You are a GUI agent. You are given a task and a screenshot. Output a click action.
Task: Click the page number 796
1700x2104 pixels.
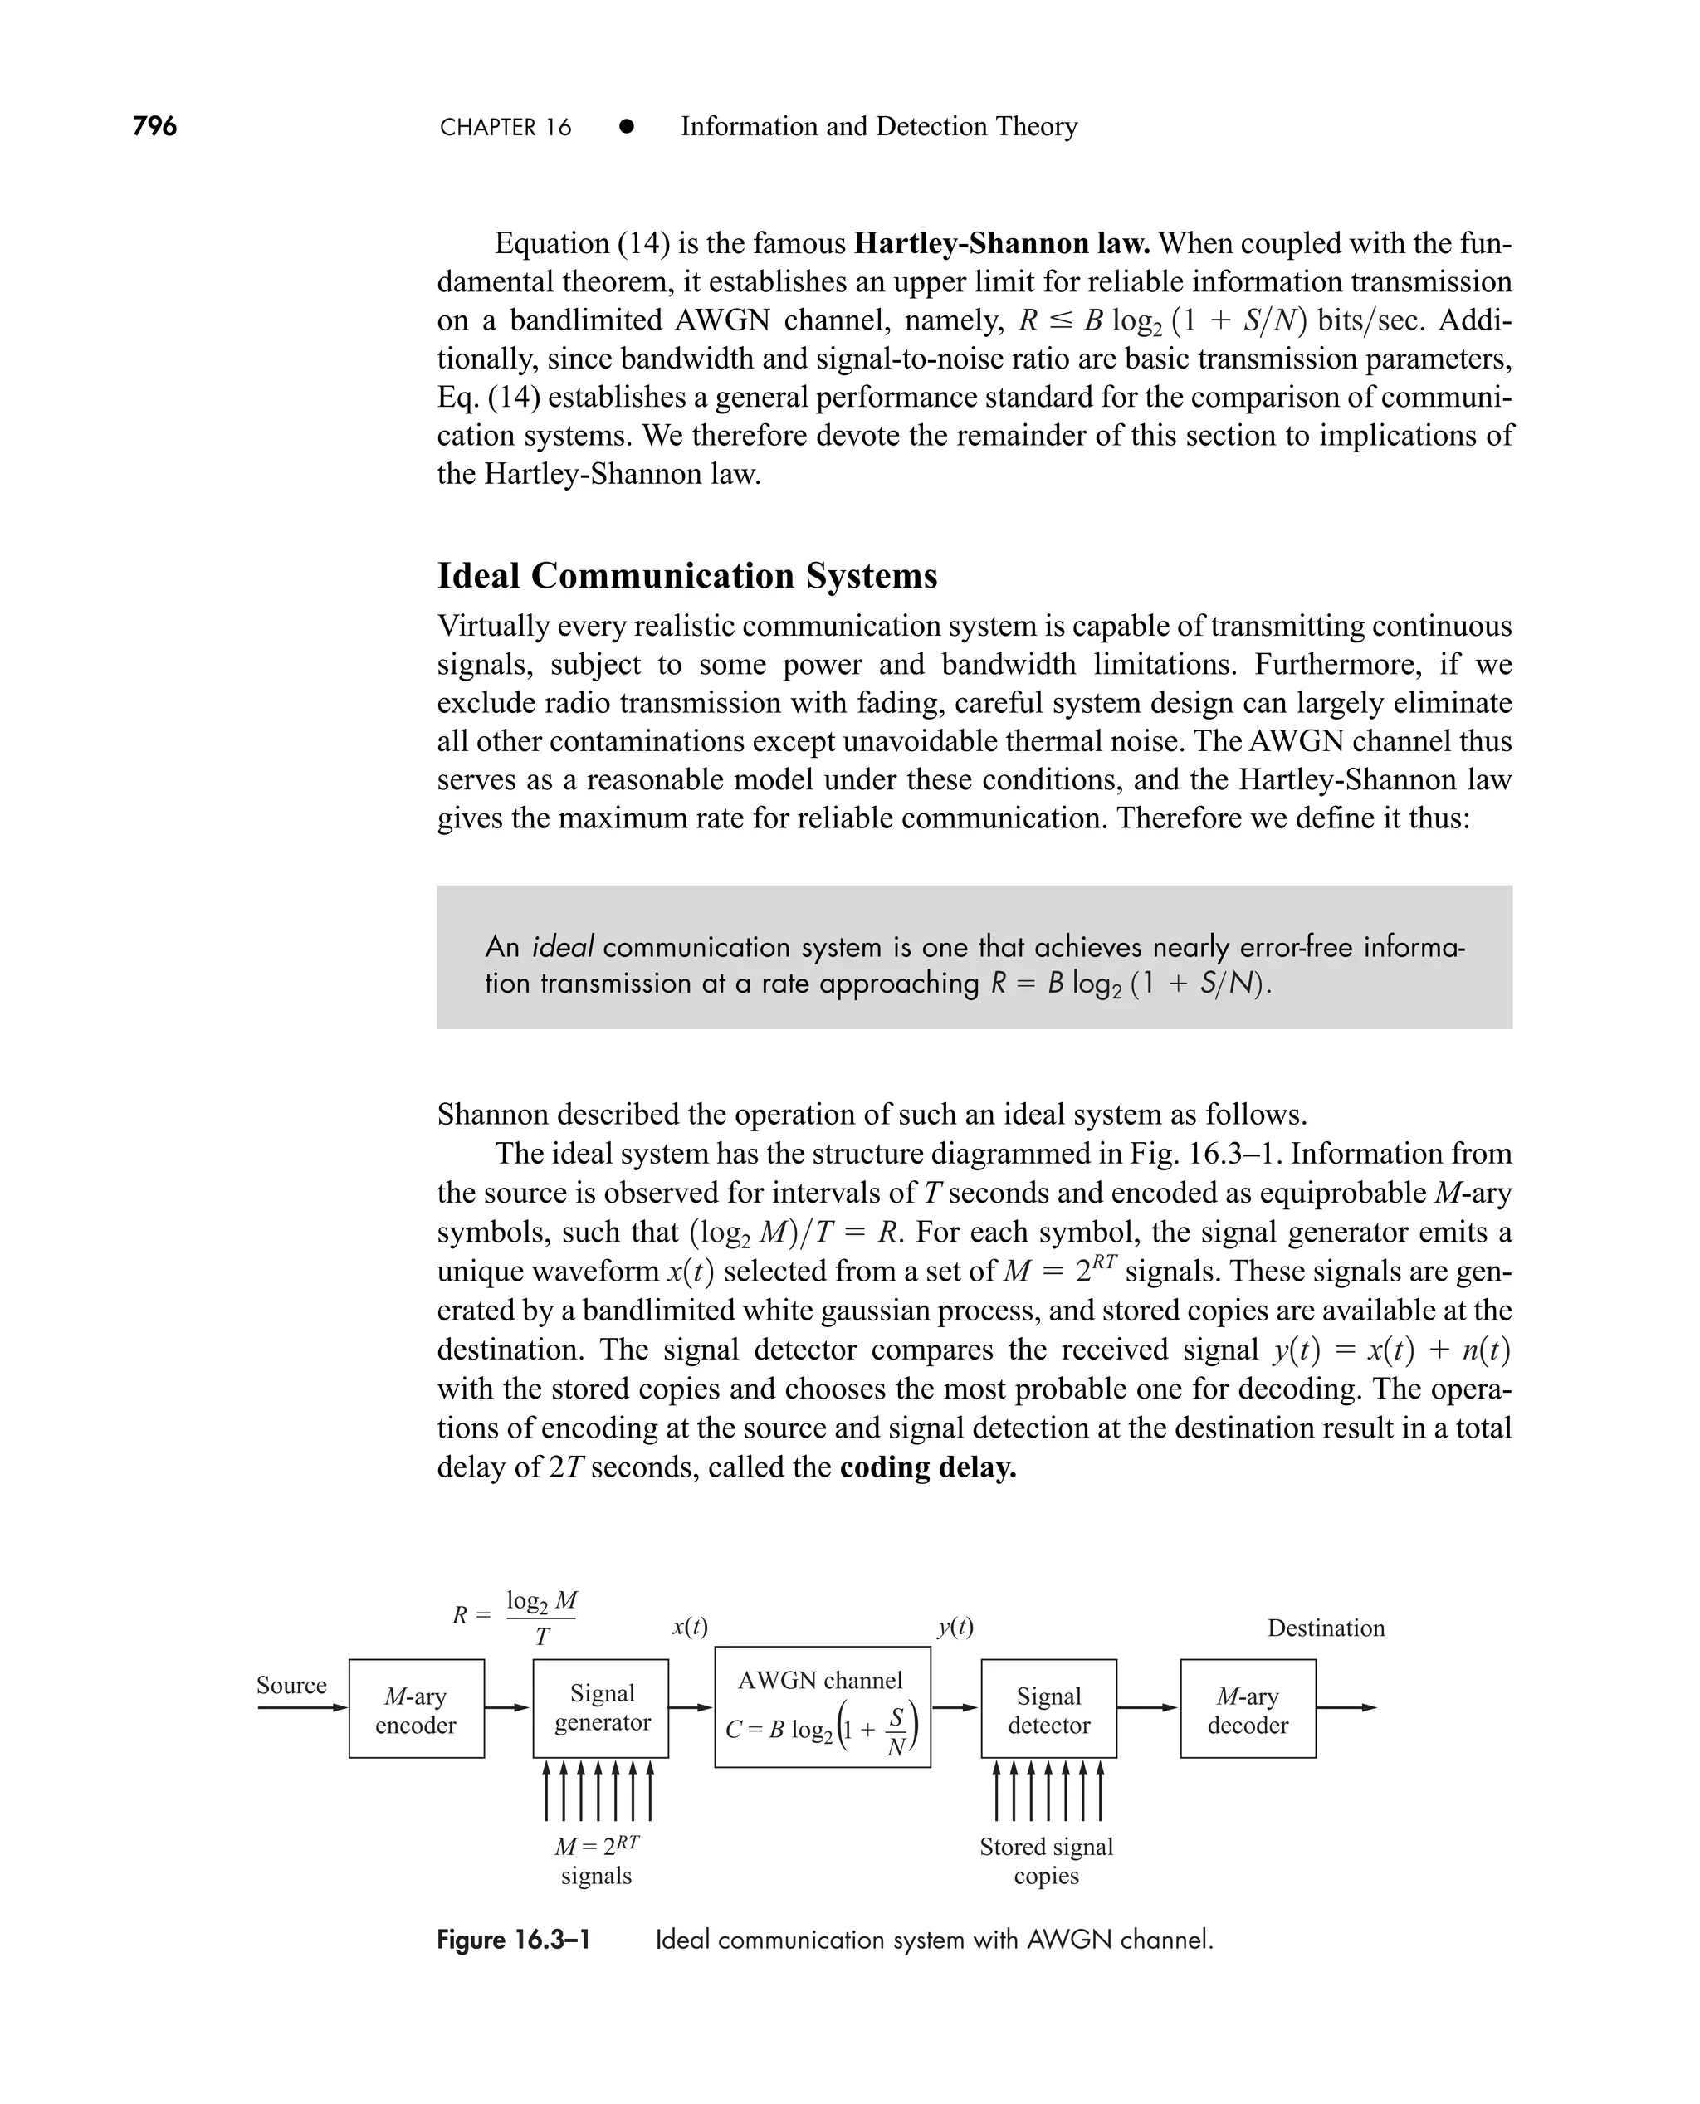(x=154, y=126)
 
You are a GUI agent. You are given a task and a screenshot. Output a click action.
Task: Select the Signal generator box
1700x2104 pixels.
(x=601, y=1708)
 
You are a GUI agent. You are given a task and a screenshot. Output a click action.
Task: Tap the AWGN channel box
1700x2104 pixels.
(x=822, y=1707)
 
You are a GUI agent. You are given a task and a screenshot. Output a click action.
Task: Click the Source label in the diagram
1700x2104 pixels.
(x=291, y=1685)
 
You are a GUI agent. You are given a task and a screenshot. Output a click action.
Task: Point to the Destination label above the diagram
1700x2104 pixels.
(x=1325, y=1628)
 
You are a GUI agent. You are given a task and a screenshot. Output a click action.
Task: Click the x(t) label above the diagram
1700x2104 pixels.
(x=690, y=1628)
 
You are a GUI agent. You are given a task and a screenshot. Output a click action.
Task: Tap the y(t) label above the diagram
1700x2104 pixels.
(x=955, y=1628)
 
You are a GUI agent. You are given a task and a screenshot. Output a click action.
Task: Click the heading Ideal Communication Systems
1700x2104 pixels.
(x=686, y=576)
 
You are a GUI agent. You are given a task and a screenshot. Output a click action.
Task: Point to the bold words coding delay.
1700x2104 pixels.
(x=927, y=1467)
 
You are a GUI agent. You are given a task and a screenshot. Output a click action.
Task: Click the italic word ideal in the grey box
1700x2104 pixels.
(x=562, y=947)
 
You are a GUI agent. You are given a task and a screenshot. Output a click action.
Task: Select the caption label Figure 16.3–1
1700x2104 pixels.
(x=513, y=1940)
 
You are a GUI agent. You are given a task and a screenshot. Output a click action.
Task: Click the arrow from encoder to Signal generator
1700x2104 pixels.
(x=507, y=1708)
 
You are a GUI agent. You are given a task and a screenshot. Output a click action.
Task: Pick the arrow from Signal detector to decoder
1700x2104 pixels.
(x=1146, y=1708)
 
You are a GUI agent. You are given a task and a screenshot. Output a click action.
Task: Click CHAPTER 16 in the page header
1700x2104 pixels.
(x=506, y=127)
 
